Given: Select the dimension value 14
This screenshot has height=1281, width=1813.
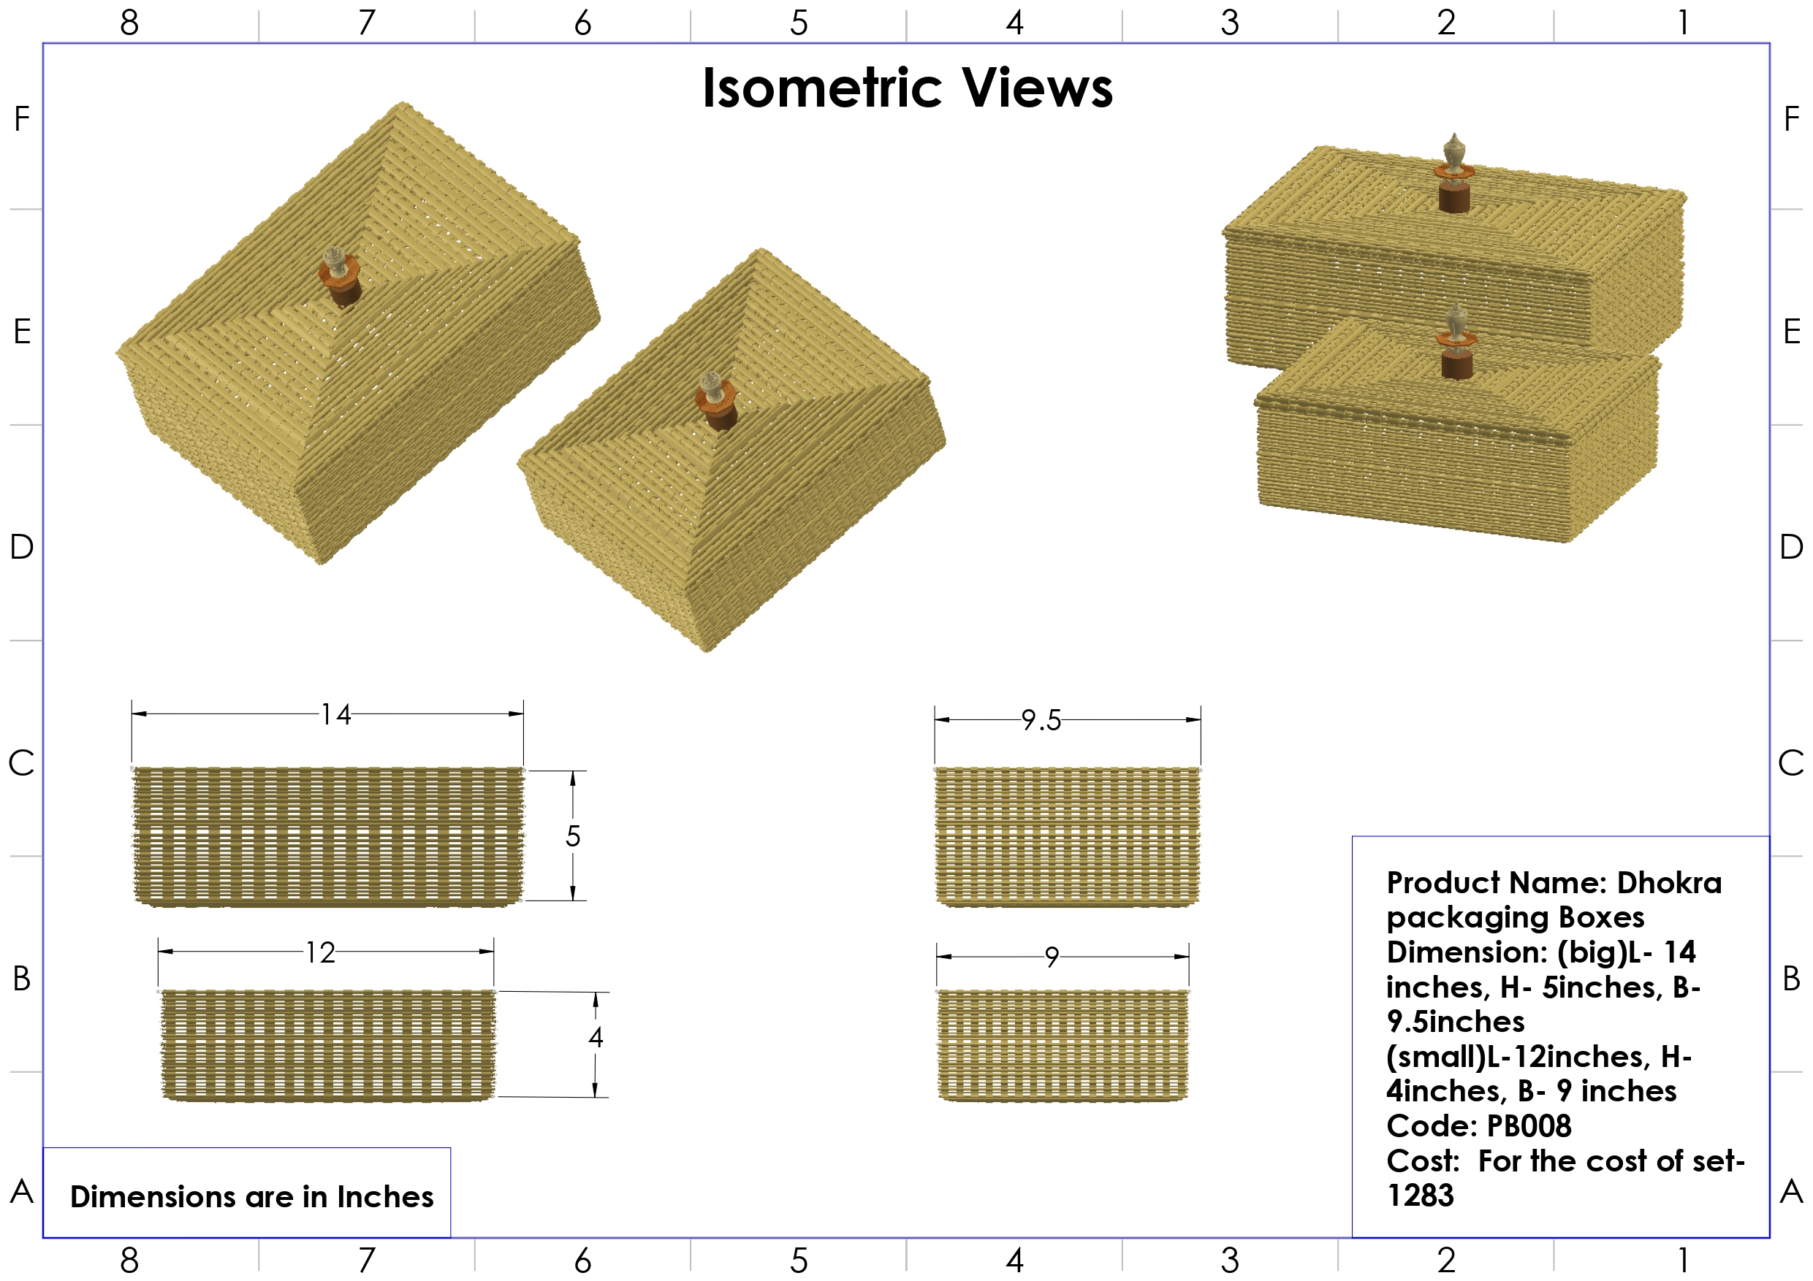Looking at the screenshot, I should coord(335,714).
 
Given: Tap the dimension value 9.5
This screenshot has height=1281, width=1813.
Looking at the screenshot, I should coord(1041,720).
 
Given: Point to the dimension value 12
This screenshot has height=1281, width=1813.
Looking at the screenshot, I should coord(321,952).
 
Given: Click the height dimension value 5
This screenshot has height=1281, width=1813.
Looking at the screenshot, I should coord(573,835).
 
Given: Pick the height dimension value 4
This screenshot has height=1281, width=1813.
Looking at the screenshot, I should coord(596,1037).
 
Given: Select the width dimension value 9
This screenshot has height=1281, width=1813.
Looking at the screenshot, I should coord(1051,957).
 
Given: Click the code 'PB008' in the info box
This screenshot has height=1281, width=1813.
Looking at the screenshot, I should coord(1529,1125).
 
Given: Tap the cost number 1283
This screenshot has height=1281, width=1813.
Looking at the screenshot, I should coord(1421,1195).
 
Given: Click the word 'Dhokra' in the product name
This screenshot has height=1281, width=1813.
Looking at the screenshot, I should coord(1669,882).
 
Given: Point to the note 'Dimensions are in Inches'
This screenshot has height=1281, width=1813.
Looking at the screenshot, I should coord(251,1196).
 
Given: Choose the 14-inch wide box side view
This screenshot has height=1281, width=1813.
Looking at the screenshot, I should coord(327,835).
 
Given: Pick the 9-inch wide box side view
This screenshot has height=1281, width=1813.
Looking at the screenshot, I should coord(1062,1044).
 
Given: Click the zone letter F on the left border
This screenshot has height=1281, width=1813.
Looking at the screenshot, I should coord(22,118).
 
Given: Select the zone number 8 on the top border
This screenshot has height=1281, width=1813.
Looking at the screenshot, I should coord(129,22).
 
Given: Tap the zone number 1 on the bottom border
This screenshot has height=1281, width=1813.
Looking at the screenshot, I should coord(1683,1261).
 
